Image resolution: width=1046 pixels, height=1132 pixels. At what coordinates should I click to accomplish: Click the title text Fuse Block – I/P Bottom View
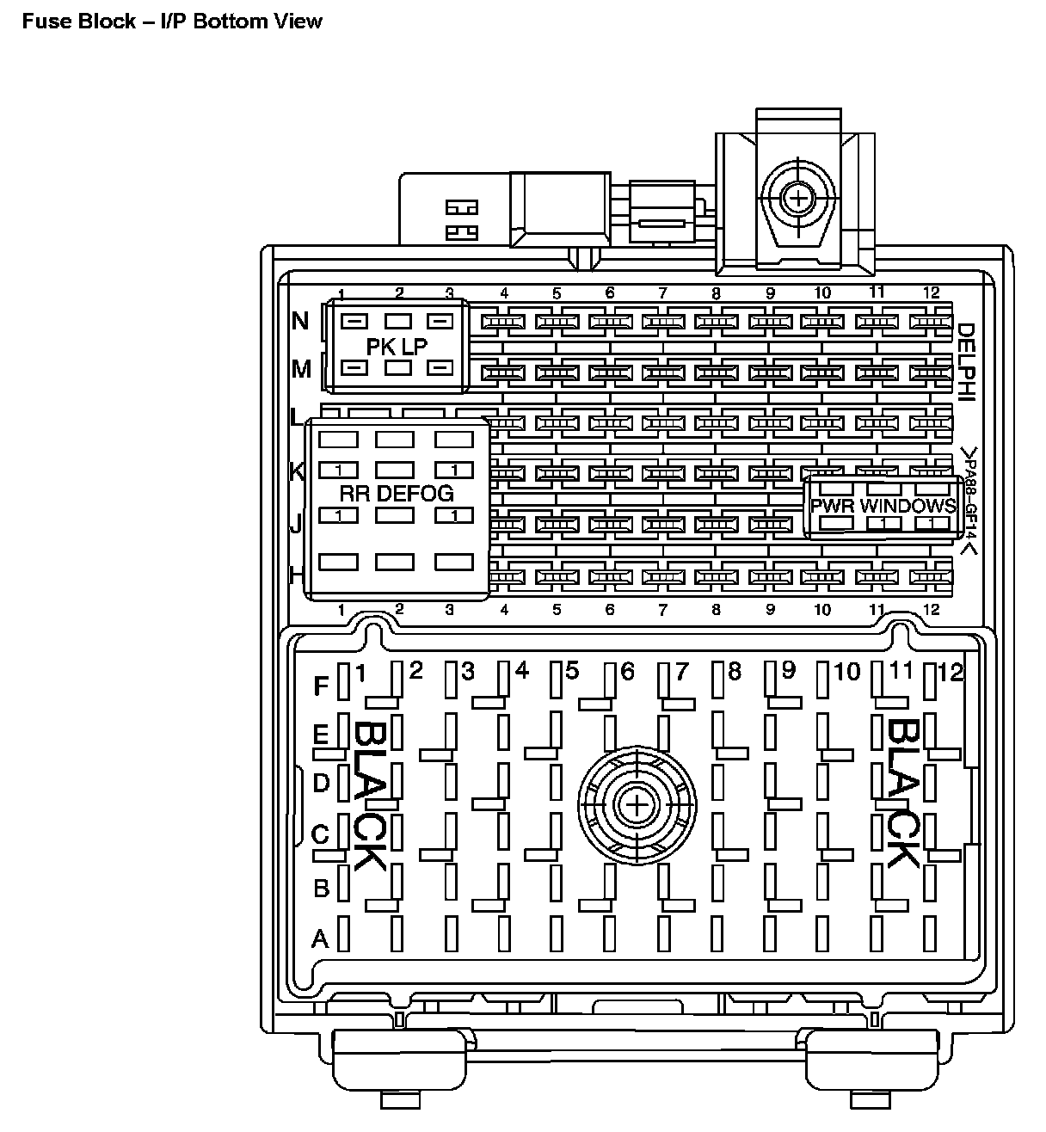(x=172, y=21)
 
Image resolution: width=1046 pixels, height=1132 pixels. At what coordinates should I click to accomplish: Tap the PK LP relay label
(x=397, y=346)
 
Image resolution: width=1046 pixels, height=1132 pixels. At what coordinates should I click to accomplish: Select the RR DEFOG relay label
(x=396, y=493)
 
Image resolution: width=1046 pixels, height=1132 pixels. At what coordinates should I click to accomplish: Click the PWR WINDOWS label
(x=883, y=506)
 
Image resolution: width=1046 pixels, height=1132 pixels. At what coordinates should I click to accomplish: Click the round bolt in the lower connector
(x=636, y=805)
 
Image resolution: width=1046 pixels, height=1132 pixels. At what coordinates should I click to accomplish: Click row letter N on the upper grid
(x=300, y=322)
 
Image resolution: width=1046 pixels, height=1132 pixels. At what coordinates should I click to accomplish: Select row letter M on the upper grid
(x=301, y=369)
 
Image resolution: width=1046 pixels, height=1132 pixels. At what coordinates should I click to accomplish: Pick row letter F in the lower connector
(x=321, y=686)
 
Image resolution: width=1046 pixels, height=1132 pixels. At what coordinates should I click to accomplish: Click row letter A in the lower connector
(x=320, y=938)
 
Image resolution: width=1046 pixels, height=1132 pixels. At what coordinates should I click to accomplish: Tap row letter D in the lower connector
(x=321, y=783)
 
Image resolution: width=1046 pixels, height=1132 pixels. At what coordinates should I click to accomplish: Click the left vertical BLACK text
(x=369, y=795)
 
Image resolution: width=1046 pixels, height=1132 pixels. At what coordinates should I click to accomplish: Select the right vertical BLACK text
(x=902, y=793)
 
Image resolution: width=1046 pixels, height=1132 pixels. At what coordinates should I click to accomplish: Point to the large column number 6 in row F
(x=627, y=671)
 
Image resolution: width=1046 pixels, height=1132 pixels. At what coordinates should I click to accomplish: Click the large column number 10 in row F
(x=846, y=671)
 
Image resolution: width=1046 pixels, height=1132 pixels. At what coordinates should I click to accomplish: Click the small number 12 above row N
(x=931, y=292)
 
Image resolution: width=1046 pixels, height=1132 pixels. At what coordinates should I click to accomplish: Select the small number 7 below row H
(x=662, y=611)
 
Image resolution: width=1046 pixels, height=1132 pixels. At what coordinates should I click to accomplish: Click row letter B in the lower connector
(x=321, y=888)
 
